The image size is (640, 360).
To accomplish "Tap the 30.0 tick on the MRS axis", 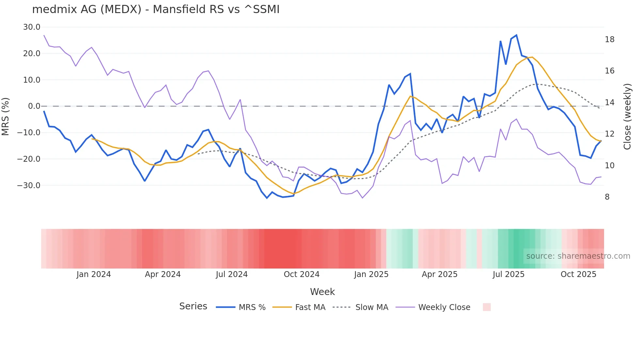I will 31,27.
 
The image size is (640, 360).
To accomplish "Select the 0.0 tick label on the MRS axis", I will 34,106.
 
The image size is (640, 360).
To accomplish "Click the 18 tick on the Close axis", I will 609,40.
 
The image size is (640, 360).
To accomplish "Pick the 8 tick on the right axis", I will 607,197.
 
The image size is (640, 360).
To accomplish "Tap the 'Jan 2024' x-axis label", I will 94,274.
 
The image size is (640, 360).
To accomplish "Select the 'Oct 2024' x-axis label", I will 301,274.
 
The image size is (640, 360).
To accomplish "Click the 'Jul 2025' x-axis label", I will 508,274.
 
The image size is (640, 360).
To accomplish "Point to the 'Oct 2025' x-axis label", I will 578,274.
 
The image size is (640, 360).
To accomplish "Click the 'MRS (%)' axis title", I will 6,117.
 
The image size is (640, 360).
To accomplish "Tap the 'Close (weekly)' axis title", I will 627,117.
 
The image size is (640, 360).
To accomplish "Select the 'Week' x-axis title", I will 322,292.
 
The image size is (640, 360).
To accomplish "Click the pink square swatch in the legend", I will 487,307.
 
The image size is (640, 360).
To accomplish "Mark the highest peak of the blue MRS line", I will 516,35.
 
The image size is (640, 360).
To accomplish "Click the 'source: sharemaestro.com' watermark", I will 578,256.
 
